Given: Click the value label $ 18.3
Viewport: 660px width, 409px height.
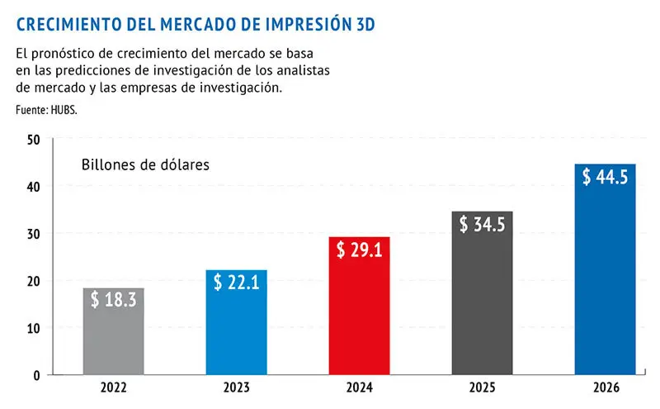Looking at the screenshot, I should pyautogui.click(x=114, y=300).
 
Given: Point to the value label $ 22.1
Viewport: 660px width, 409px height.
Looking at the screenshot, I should pyautogui.click(x=237, y=282).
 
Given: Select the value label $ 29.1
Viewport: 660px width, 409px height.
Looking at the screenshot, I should pyautogui.click(x=359, y=250).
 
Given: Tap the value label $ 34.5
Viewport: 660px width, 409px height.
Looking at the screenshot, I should pyautogui.click(x=482, y=224).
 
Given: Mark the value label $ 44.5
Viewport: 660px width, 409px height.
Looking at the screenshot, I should pyautogui.click(x=605, y=177).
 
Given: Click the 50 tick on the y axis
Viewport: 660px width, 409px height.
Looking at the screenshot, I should pyautogui.click(x=33, y=140).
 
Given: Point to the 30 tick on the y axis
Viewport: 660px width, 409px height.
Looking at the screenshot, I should pyautogui.click(x=33, y=234).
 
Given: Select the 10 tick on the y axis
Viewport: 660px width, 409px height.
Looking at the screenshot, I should pyautogui.click(x=33, y=328).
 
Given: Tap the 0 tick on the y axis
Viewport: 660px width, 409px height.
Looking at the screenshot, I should pyautogui.click(x=36, y=375).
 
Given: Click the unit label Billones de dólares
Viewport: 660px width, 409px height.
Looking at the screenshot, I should pyautogui.click(x=145, y=164).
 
